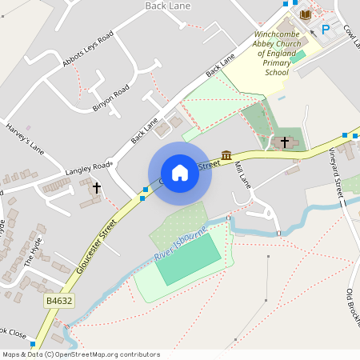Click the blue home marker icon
(x=180, y=173)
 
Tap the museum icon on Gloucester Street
(x=227, y=154)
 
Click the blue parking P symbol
(x=326, y=30)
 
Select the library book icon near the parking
(x=305, y=15)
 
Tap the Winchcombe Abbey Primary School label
(x=277, y=54)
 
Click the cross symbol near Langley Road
(x=98, y=188)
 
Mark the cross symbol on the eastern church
(x=284, y=142)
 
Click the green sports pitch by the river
(x=187, y=259)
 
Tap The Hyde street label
(x=35, y=251)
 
